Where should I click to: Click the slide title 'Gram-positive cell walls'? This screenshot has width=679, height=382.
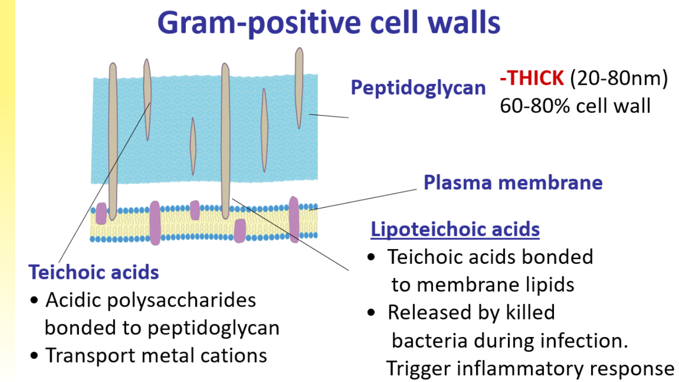point(329,23)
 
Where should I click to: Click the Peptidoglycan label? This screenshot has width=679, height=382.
point(418,87)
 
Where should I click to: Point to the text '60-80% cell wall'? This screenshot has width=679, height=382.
point(575,106)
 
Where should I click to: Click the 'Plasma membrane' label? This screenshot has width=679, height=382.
point(513,183)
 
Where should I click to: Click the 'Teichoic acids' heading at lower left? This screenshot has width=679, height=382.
point(94,272)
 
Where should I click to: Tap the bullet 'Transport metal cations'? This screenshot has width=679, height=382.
point(156,355)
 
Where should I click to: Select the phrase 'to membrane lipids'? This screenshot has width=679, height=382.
point(483,284)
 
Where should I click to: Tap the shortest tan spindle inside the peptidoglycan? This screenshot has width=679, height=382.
point(193,142)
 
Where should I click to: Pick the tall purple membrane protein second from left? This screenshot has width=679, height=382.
point(155,222)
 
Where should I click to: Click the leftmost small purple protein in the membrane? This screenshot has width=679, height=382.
point(101,214)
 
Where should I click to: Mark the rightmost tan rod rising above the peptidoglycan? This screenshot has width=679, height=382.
point(299,86)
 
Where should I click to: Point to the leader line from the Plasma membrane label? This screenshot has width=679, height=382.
point(366,199)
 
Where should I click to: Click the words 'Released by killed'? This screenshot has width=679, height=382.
point(471,312)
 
